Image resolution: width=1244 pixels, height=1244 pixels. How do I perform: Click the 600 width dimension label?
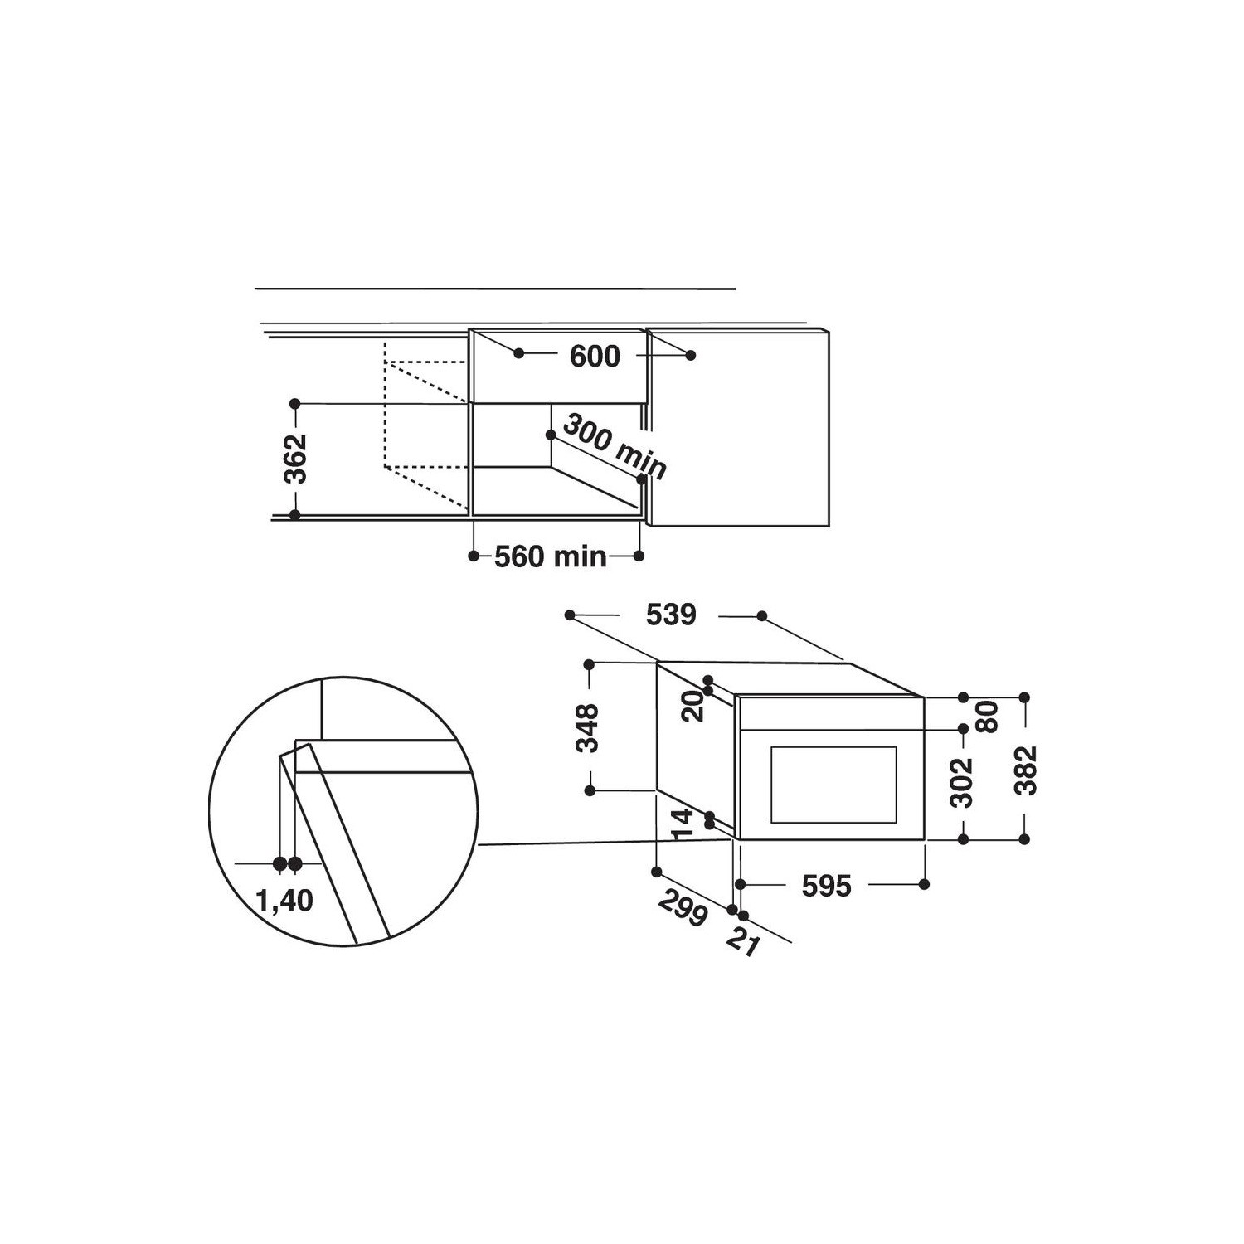(x=595, y=357)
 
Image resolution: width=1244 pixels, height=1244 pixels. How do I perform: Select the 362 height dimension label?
(x=295, y=459)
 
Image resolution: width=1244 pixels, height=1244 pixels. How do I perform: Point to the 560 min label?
(x=551, y=556)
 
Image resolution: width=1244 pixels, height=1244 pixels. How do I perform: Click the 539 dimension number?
(x=671, y=615)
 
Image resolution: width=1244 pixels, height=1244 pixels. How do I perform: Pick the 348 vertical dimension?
(x=587, y=727)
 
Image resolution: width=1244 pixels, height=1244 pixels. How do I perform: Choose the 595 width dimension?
(x=826, y=886)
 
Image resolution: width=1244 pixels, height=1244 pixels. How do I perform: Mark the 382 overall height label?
(x=1026, y=770)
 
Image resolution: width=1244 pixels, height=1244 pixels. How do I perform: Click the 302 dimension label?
(x=961, y=783)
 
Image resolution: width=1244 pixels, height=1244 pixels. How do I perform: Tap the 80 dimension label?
(x=986, y=717)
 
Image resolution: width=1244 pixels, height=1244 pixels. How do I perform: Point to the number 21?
(x=742, y=942)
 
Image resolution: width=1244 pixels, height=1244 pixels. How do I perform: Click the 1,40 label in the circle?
(x=284, y=900)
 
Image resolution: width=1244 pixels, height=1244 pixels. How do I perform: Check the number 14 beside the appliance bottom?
(x=682, y=824)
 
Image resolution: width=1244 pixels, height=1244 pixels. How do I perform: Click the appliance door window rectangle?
(x=833, y=785)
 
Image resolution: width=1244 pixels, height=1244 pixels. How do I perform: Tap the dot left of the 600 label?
(x=519, y=353)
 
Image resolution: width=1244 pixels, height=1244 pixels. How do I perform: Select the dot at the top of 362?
(x=294, y=404)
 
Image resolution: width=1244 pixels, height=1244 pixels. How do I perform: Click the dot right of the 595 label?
(x=924, y=884)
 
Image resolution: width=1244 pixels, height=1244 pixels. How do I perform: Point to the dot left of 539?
(x=570, y=615)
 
